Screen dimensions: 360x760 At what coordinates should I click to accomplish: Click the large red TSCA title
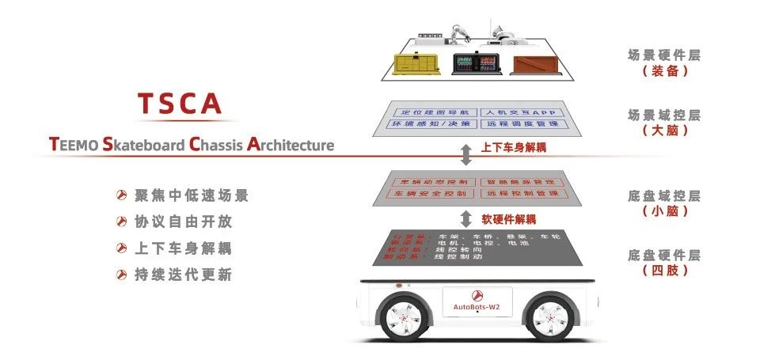[x=179, y=104]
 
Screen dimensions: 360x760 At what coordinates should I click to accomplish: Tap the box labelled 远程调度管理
[x=520, y=124]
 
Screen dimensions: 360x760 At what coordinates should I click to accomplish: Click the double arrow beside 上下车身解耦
[x=466, y=153]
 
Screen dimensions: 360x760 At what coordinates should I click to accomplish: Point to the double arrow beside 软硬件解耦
[x=466, y=218]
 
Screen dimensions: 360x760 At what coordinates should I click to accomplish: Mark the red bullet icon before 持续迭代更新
[x=122, y=275]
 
